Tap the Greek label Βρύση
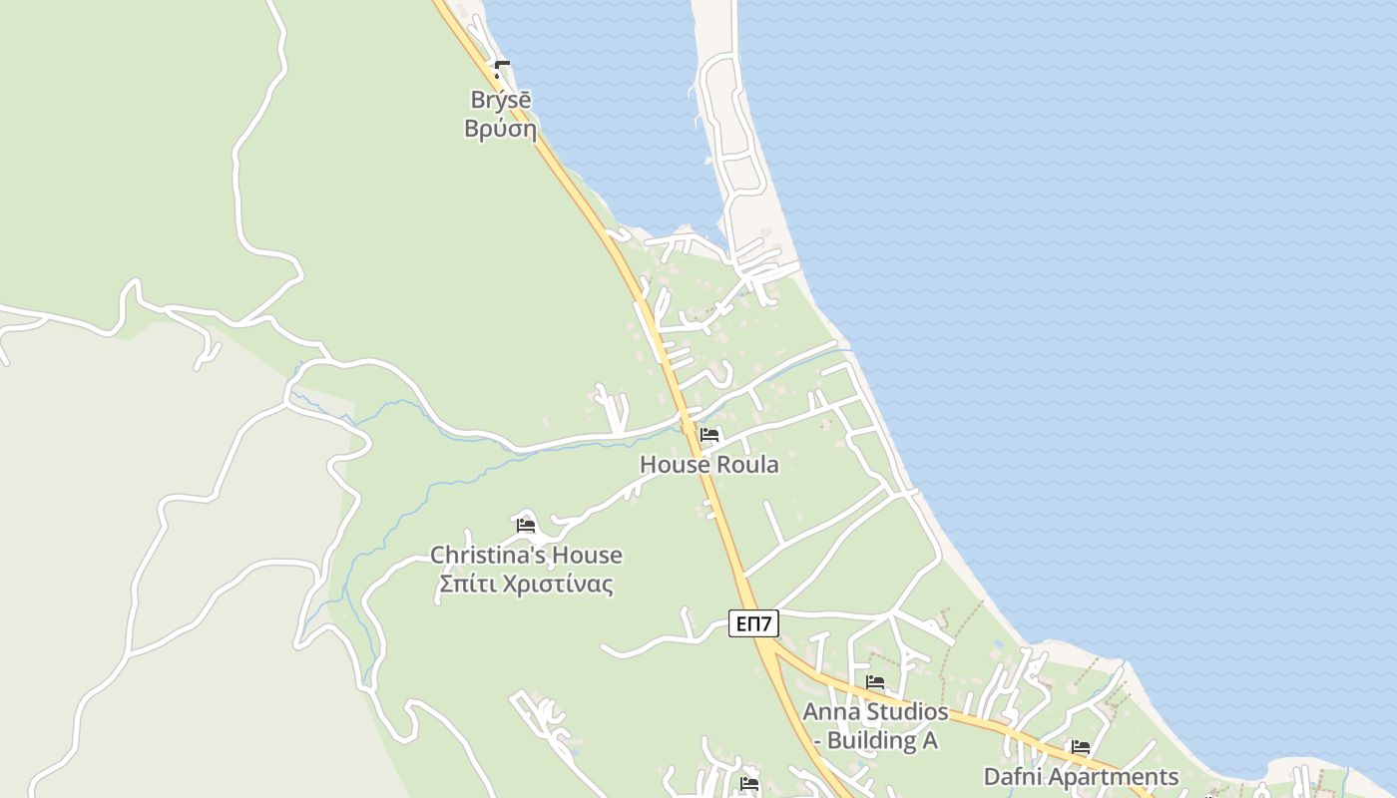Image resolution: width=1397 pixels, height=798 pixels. [500, 130]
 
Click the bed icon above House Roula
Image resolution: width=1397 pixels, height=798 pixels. [709, 435]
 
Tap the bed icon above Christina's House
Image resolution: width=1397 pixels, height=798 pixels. [526, 525]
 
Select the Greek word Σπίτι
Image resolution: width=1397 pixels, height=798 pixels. [466, 584]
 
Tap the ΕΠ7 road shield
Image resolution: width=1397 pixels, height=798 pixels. [753, 623]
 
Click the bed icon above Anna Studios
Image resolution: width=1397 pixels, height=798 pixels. [875, 682]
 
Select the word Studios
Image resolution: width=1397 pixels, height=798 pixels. [905, 712]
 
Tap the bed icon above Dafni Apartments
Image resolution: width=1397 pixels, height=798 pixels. [1081, 746]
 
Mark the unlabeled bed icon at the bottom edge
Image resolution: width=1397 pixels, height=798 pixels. [749, 784]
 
